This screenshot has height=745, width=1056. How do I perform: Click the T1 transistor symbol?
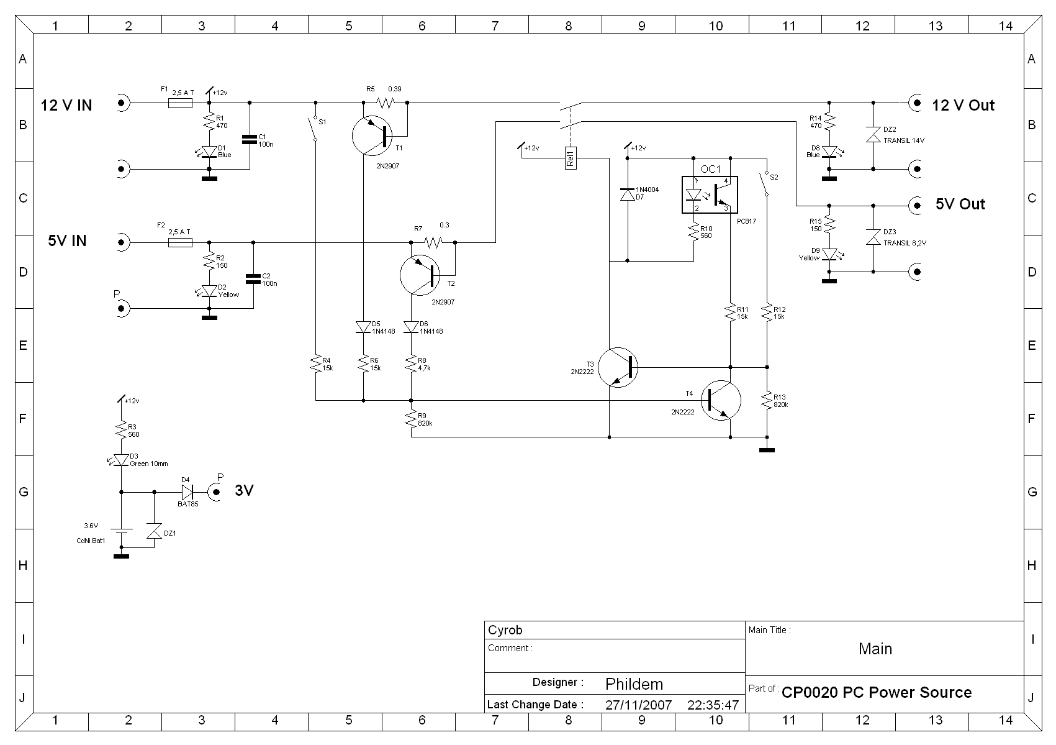click(x=372, y=135)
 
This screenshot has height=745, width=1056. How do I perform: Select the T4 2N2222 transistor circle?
click(x=720, y=401)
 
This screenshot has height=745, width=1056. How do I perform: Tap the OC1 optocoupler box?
click(x=710, y=195)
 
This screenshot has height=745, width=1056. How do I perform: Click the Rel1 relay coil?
click(x=571, y=158)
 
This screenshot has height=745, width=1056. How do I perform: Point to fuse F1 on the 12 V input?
click(x=180, y=103)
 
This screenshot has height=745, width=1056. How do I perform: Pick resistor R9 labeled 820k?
click(x=411, y=419)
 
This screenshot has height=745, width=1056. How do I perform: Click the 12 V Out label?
click(x=963, y=105)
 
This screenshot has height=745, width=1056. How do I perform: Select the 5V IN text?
click(x=67, y=240)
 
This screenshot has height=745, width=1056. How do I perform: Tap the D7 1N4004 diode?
click(x=627, y=194)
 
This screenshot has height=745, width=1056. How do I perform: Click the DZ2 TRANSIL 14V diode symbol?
click(x=873, y=134)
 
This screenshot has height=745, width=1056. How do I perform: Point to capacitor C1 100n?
click(x=250, y=139)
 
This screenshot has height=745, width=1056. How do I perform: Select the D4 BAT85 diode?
click(x=187, y=492)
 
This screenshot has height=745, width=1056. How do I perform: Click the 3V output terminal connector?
click(x=215, y=492)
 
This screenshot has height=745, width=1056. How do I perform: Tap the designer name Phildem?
click(x=634, y=683)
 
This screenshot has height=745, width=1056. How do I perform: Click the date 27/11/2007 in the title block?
click(x=638, y=705)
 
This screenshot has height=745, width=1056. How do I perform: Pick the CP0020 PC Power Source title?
click(x=877, y=692)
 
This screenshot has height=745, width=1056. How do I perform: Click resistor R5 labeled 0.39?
click(x=385, y=103)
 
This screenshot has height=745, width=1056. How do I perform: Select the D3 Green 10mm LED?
click(x=121, y=460)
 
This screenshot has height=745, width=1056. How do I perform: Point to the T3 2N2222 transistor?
click(x=618, y=367)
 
